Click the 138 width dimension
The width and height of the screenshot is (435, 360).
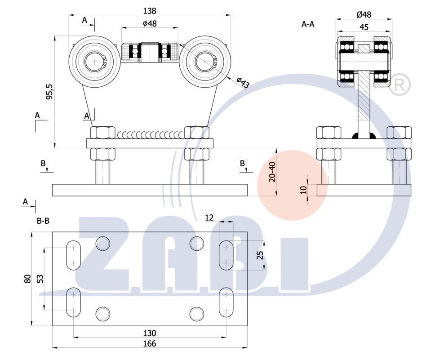point(150,10)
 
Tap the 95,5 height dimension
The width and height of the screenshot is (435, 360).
point(49,91)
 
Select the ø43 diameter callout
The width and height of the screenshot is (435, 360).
point(243,83)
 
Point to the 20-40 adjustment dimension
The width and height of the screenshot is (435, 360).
point(272,172)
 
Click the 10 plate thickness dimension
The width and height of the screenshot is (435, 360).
point(303,190)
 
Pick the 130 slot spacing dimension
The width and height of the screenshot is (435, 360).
point(150,333)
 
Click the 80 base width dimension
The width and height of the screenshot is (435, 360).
point(27,279)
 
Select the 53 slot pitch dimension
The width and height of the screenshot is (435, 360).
point(40,279)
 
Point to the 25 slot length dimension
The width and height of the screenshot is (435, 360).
point(259,255)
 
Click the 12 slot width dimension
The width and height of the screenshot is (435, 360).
point(209,218)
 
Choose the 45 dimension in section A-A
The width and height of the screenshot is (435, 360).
point(364,27)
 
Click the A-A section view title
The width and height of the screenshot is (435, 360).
point(308,24)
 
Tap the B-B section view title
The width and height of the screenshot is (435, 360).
point(43,221)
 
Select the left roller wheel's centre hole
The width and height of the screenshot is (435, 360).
point(94,61)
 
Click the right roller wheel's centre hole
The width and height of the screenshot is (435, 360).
point(205,62)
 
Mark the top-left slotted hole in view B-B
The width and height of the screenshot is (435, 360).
point(74,255)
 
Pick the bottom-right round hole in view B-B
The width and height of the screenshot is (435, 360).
point(196,313)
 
